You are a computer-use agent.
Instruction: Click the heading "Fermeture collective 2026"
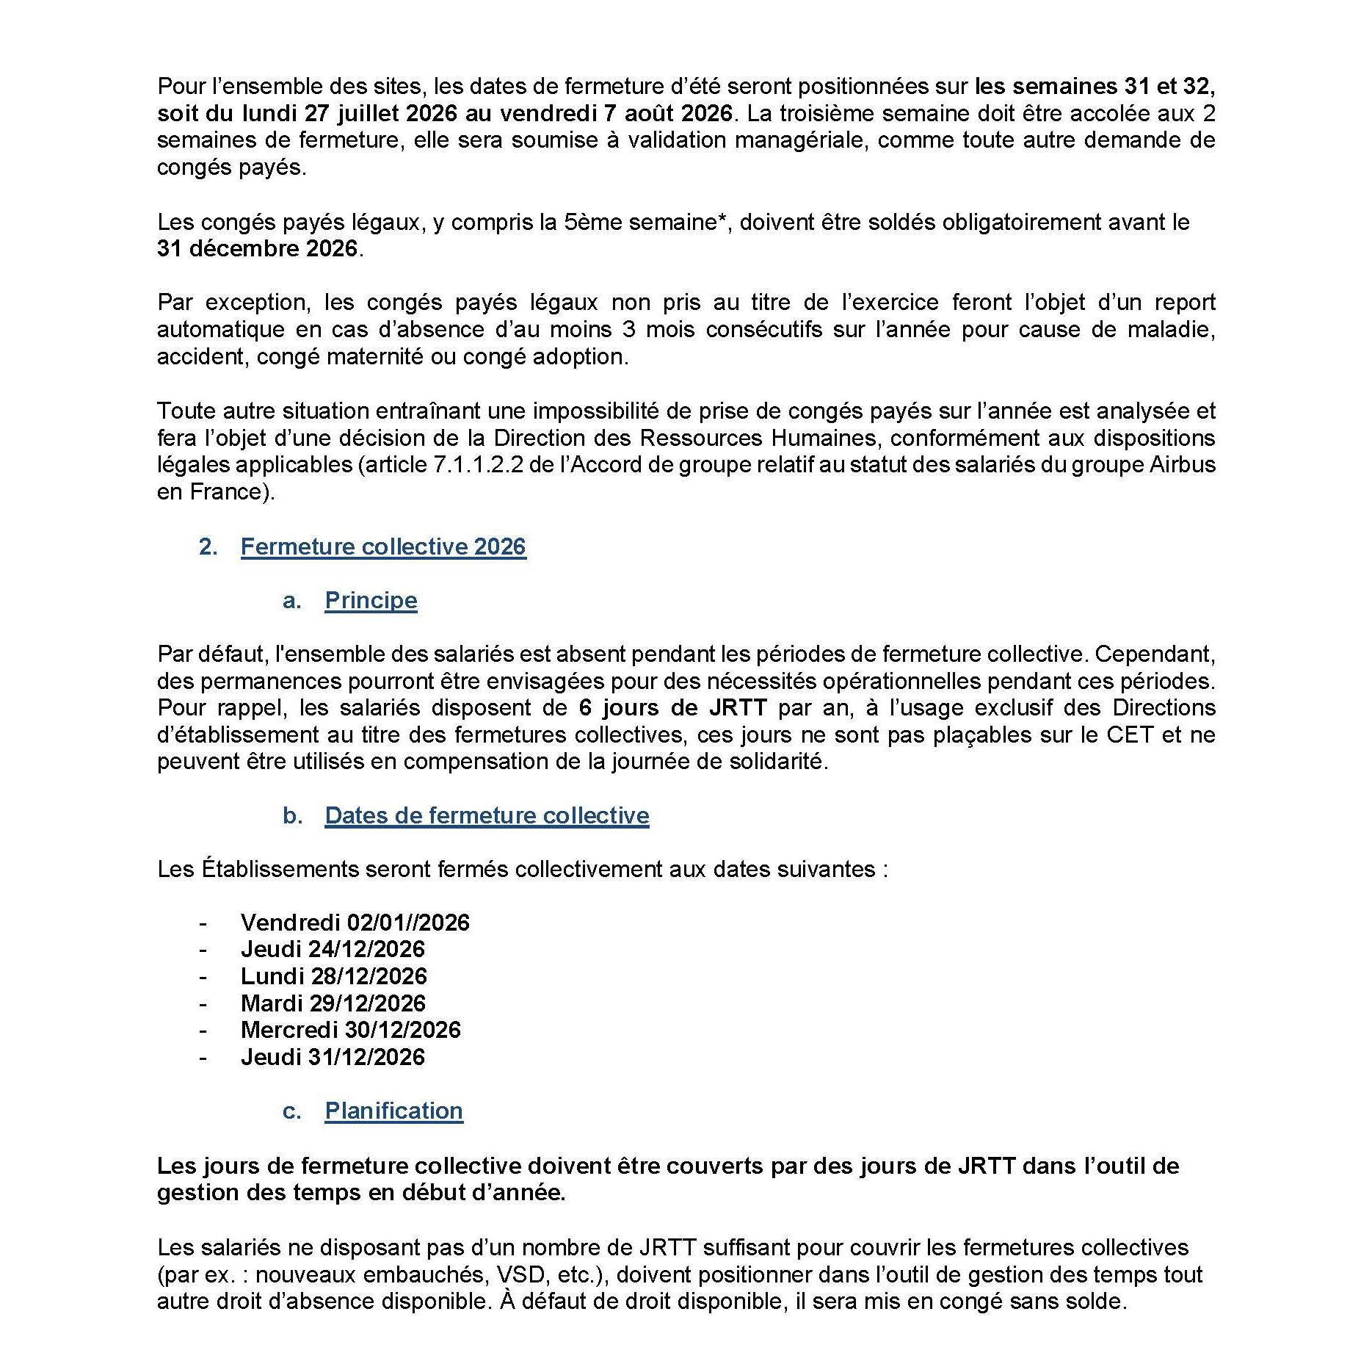click(383, 547)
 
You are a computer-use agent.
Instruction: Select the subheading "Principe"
click(371, 601)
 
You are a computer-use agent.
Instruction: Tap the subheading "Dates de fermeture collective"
click(487, 816)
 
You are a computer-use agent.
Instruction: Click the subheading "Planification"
click(393, 1111)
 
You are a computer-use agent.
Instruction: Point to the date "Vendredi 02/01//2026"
click(355, 923)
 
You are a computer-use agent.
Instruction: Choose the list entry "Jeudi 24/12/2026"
click(333, 950)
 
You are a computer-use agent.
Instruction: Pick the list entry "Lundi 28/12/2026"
click(333, 977)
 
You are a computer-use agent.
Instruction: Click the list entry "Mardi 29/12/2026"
click(333, 1004)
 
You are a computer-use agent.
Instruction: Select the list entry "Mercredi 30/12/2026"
click(350, 1031)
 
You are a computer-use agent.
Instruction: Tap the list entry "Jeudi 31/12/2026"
click(333, 1058)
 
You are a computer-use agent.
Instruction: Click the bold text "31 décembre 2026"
click(257, 249)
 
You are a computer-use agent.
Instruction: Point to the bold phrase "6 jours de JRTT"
click(672, 708)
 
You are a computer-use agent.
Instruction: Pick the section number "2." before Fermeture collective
click(208, 547)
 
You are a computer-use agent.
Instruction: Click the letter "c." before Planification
click(291, 1112)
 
